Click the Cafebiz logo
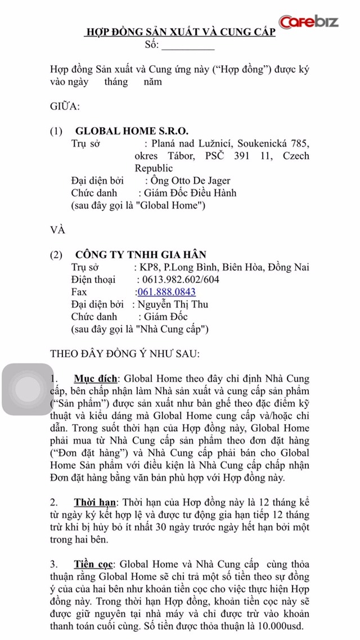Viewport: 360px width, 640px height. [x=309, y=22]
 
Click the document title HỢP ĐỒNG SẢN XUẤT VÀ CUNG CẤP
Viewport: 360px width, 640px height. [x=180, y=33]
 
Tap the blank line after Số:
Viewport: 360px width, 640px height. [x=188, y=46]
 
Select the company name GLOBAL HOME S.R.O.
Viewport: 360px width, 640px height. [x=132, y=131]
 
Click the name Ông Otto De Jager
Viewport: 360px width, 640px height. [x=190, y=181]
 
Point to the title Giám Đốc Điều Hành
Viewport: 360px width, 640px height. [x=192, y=193]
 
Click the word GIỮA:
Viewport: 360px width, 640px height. [x=65, y=106]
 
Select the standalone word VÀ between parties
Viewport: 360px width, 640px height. [x=58, y=229]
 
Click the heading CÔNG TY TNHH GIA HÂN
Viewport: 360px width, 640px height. [x=141, y=255]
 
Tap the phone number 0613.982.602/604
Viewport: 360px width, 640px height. [x=178, y=280]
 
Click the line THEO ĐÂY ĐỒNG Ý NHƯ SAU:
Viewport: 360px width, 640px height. [x=124, y=354]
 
